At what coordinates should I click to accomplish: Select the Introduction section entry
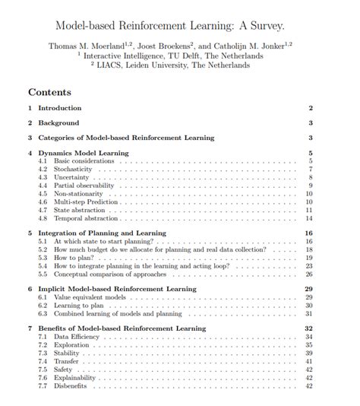pyautogui.click(x=59, y=109)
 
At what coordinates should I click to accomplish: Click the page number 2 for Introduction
pyautogui.click(x=311, y=109)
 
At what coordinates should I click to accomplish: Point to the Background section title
pyautogui.click(x=58, y=123)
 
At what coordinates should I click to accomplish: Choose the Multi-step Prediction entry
pyautogui.click(x=87, y=202)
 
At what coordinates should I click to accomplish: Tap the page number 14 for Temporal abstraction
pyautogui.click(x=310, y=218)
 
